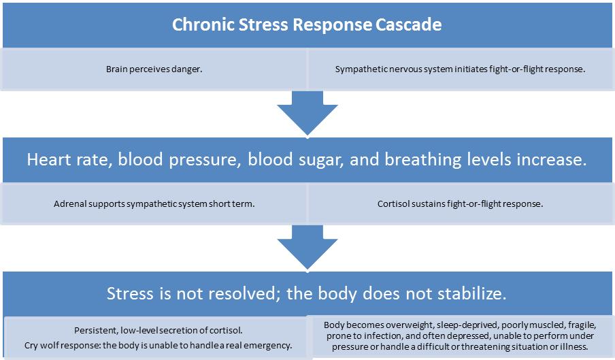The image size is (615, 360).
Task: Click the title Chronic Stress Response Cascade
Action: (x=307, y=25)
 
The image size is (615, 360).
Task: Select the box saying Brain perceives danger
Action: (x=154, y=69)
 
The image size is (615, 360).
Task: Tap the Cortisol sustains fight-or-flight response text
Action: (x=460, y=203)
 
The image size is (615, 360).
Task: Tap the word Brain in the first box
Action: (x=117, y=69)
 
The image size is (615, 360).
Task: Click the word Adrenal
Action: (x=69, y=203)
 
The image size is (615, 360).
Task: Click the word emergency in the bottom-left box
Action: (x=269, y=345)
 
